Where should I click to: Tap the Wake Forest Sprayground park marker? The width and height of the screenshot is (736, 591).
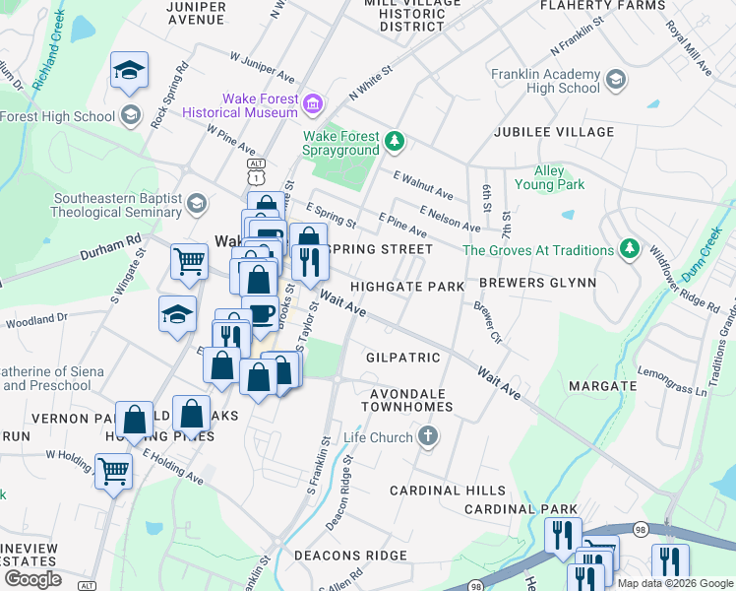(x=394, y=142)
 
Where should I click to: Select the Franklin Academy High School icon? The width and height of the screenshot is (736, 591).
(x=616, y=80)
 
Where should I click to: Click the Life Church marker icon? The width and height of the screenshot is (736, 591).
(x=428, y=435)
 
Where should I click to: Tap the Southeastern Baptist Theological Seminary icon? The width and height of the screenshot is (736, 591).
(x=196, y=203)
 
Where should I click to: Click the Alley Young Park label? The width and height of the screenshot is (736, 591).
(x=550, y=177)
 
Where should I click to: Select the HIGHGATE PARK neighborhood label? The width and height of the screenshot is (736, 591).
(x=407, y=287)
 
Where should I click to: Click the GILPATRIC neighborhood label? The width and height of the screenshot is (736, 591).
(x=402, y=357)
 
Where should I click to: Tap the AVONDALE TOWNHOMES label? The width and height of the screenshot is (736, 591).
(x=410, y=399)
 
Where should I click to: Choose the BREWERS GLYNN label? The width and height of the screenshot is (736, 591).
(x=537, y=283)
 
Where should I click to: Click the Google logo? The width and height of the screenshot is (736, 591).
(x=32, y=578)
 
